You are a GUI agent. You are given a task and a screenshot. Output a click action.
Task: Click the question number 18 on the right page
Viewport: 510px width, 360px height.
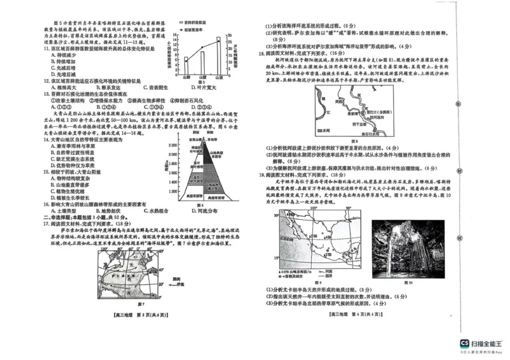point(261,54)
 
